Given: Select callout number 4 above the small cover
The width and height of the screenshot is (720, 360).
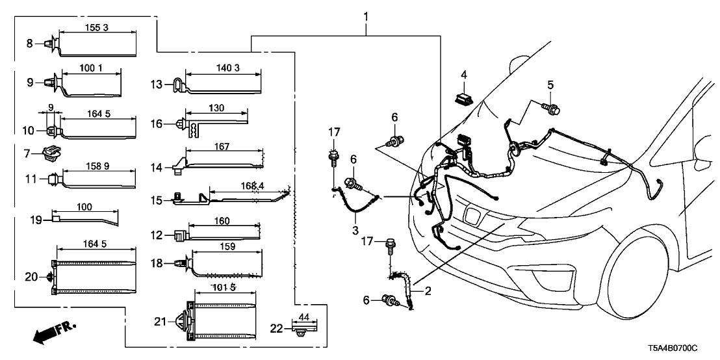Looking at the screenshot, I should coord(464,75).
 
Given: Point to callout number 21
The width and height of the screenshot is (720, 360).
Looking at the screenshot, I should coord(161,321).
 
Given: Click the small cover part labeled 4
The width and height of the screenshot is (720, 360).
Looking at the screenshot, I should coord(464,100).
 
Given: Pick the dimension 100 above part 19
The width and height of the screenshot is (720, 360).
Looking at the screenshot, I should coord(84,206).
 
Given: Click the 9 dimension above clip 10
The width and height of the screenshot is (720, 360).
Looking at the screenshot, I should coord(50,108).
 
